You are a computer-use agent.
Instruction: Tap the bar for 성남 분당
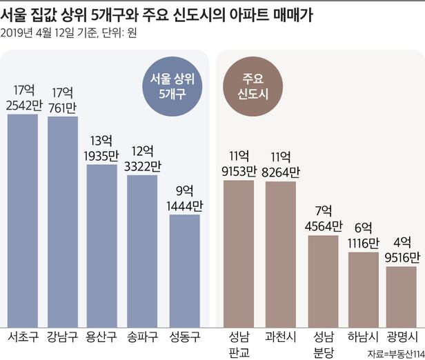point(322,272)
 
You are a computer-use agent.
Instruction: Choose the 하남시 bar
point(363,280)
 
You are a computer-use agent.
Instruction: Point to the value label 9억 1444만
point(184,198)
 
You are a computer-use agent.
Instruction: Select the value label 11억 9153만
point(238,163)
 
